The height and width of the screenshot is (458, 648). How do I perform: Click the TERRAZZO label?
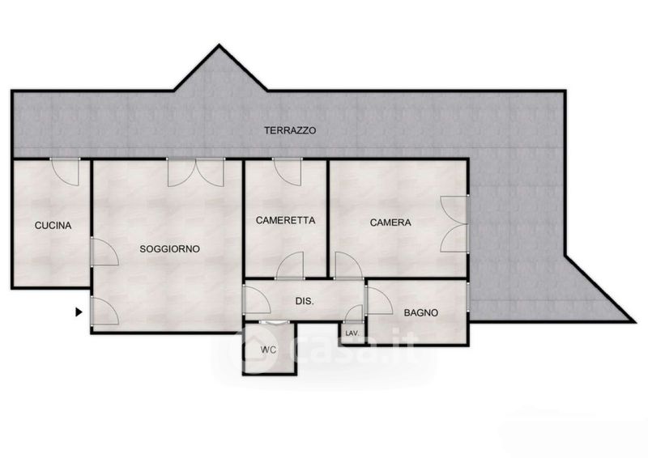pos(290,130)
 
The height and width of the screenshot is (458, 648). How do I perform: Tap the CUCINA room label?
pos(53,226)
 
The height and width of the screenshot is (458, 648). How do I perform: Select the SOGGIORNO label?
pos(169,249)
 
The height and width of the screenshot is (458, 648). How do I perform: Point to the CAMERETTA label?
pos(285,221)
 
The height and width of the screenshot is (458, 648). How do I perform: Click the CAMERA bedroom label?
pos(390,223)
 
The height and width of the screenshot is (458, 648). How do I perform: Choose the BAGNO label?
pos(420,313)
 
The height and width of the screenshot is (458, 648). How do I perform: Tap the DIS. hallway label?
pos(305,302)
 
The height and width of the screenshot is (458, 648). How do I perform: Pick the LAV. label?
pos(352,333)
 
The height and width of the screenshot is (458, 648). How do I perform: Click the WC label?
pos(268,350)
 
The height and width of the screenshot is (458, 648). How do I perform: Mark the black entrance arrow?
pos(79,312)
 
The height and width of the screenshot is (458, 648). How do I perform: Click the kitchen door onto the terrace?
pos(66,172)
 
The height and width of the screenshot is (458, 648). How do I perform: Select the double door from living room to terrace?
pos(196,172)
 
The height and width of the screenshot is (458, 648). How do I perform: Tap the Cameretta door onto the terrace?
pos(288,172)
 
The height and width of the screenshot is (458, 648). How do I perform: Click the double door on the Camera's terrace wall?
pos(454,224)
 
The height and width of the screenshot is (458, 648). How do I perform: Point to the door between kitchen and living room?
pos(104,252)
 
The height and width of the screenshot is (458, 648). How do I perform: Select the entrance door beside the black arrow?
pos(104,311)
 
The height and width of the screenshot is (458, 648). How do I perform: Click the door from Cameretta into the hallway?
pos(290,265)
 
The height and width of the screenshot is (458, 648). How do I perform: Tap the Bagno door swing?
pos(379,300)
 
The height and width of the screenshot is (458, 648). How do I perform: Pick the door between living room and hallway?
pos(257,299)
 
